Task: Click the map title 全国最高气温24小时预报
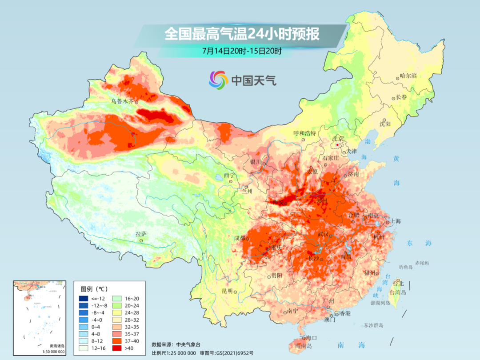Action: coord(242,34)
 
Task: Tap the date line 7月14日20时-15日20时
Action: coord(242,51)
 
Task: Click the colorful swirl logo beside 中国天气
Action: coord(218,80)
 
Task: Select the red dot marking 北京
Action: coord(338,145)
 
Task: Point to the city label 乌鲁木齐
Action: coord(122,101)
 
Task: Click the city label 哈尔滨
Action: coord(408,76)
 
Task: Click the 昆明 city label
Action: coord(227,291)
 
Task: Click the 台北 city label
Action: coord(398,283)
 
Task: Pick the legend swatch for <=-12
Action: coord(84,298)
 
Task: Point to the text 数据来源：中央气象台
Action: coord(177,344)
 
